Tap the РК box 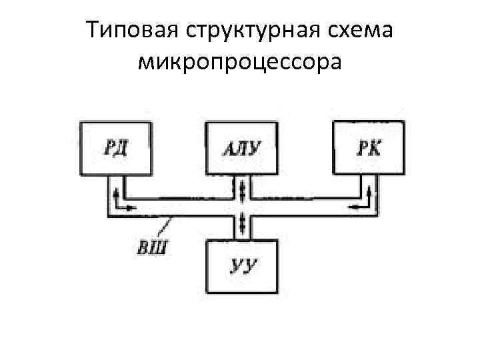click(x=369, y=148)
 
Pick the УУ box click(x=241, y=267)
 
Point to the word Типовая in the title click(x=132, y=31)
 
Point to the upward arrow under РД click(x=117, y=195)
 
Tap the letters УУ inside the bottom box click(x=243, y=267)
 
